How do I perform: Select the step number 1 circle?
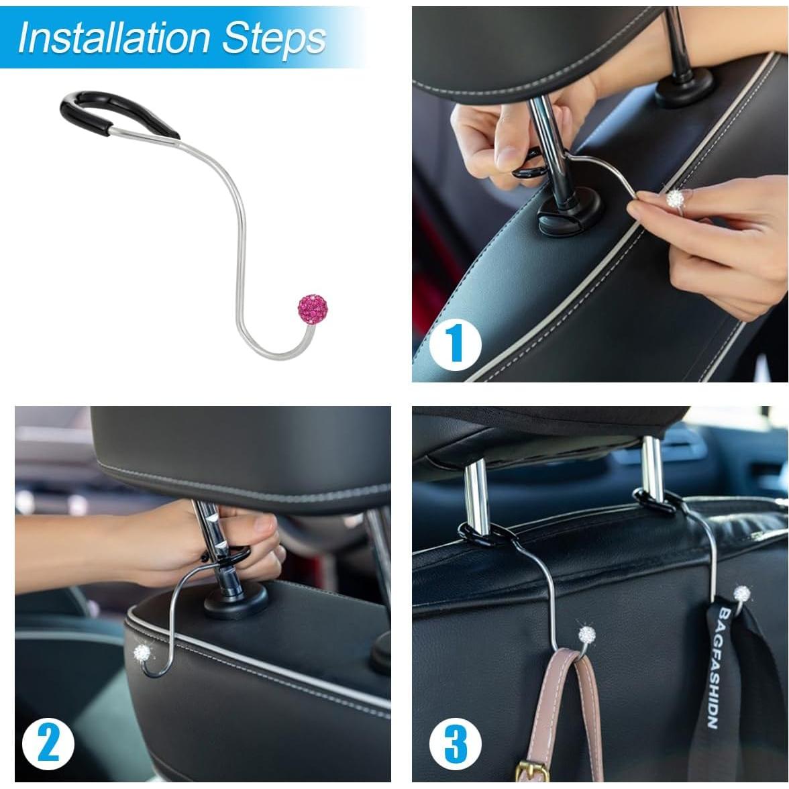point(457,343)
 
